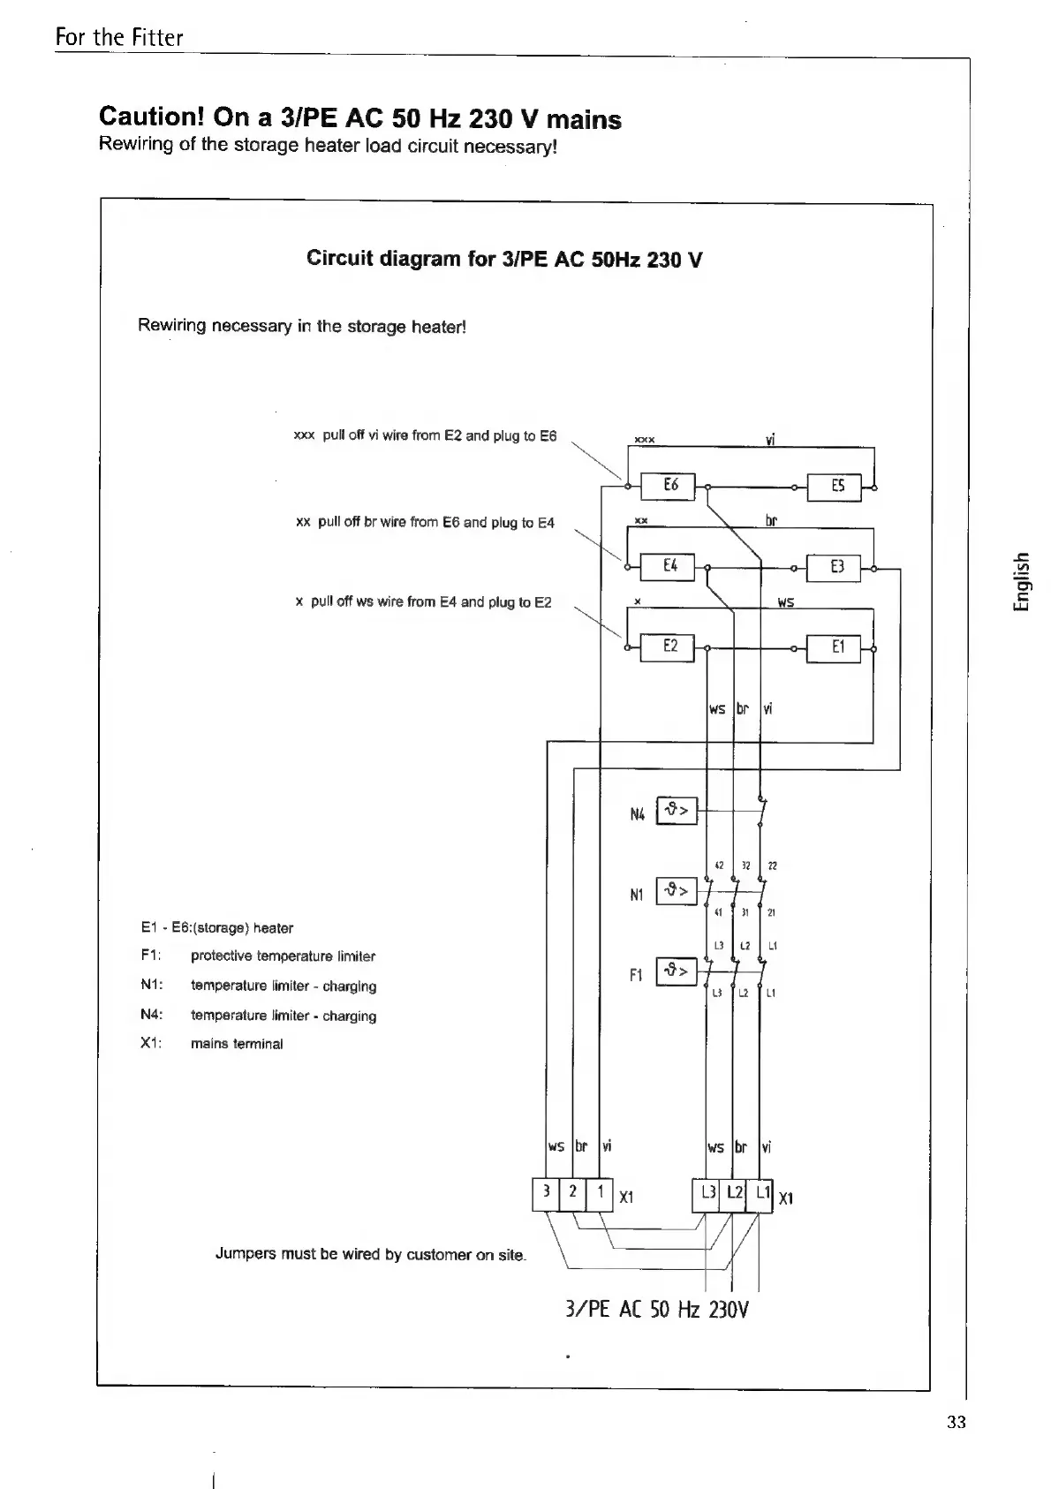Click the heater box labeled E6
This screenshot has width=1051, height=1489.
[x=670, y=486]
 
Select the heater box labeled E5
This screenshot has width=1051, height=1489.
[x=836, y=486]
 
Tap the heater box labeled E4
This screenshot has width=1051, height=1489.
[x=670, y=566]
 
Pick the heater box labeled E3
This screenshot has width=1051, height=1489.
[x=836, y=566]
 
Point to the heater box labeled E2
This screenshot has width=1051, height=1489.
[x=670, y=647]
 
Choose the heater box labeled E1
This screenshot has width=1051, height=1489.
[x=836, y=647]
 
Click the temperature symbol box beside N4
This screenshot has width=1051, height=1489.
[x=677, y=811]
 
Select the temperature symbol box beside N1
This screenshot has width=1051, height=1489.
[x=677, y=891]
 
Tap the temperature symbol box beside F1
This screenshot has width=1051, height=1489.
[x=677, y=972]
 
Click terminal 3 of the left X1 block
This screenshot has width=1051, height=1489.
[x=547, y=1193]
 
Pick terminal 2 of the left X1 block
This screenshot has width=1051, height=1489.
[x=573, y=1193]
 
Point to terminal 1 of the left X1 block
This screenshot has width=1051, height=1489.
[x=600, y=1193]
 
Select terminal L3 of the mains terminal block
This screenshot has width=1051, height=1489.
[x=707, y=1194]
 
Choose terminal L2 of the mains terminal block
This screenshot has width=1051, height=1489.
[x=734, y=1194]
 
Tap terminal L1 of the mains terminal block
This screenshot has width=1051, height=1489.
[x=760, y=1194]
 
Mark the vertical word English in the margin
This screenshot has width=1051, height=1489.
[x=1021, y=581]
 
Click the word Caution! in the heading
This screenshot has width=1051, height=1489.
[x=149, y=117]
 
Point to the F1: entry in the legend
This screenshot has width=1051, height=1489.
[x=150, y=956]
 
